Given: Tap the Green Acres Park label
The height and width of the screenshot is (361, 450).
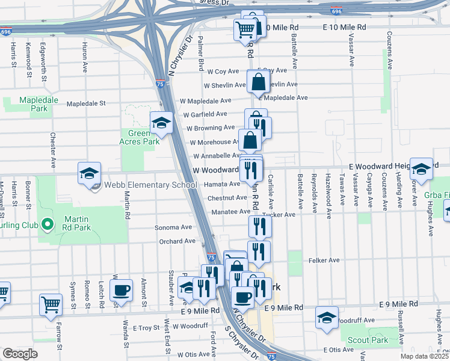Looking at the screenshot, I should [143, 137].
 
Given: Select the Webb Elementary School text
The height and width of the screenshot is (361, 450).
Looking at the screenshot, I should [150, 185].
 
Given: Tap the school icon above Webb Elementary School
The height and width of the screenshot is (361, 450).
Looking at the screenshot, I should [89, 173].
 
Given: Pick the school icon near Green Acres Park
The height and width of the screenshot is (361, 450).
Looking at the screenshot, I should [161, 123].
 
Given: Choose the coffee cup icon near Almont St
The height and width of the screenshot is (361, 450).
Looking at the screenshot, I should [122, 290].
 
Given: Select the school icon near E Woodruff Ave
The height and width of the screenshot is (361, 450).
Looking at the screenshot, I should [326, 318].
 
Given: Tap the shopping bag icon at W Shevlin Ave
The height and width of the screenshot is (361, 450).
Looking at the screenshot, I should [257, 81].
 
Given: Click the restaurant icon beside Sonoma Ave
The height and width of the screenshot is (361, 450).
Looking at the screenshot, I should [259, 226].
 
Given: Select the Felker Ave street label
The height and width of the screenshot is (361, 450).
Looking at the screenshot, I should [324, 261].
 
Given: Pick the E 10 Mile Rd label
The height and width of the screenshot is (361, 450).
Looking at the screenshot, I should [344, 28].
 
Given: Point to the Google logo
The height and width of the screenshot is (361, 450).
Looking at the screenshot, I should [20, 353].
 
